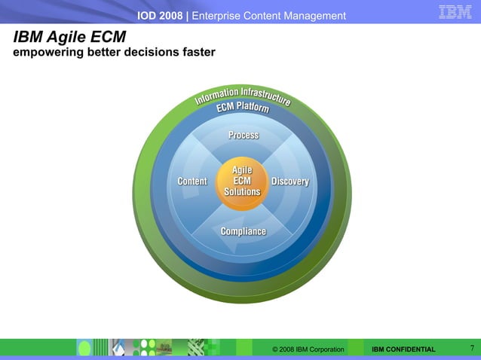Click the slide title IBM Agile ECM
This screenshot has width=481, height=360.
pos(69,37)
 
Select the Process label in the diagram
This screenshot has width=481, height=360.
pos(244,135)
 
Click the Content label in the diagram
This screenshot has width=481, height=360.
pos(191,182)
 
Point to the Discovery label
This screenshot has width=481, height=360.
pos(290,182)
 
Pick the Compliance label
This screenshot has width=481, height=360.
pos(243,230)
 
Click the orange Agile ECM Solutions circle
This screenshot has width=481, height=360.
pos(242,182)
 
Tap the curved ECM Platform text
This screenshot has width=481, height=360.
pos(243,108)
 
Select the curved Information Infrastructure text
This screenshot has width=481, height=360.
pos(243,95)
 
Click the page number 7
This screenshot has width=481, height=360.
pos(471,348)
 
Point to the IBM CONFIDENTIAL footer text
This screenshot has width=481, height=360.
pos(403,349)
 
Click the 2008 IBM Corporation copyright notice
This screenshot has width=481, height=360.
pos(308,349)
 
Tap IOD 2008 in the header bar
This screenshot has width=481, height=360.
pos(161,16)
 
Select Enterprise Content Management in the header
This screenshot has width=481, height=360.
pos(269,16)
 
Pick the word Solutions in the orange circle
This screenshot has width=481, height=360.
pos(242,192)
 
